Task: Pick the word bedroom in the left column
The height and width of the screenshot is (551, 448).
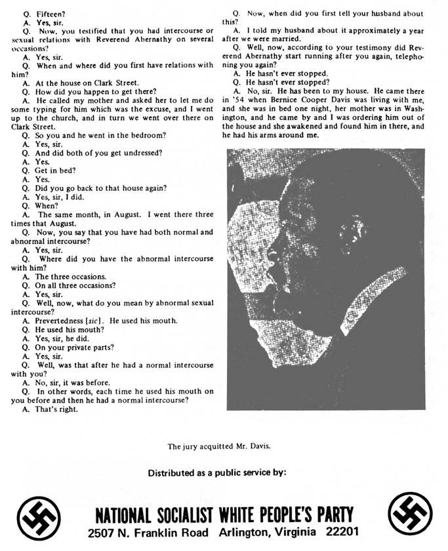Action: point(143,134)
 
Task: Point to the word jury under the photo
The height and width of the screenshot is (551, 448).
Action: point(188,446)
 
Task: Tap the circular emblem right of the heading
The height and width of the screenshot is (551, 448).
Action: point(409,514)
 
